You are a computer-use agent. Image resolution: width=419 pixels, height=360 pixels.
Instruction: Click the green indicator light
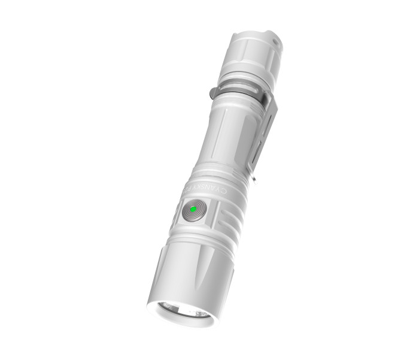[x=193, y=210]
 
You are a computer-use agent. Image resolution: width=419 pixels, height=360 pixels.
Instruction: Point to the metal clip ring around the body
[x=239, y=96]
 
